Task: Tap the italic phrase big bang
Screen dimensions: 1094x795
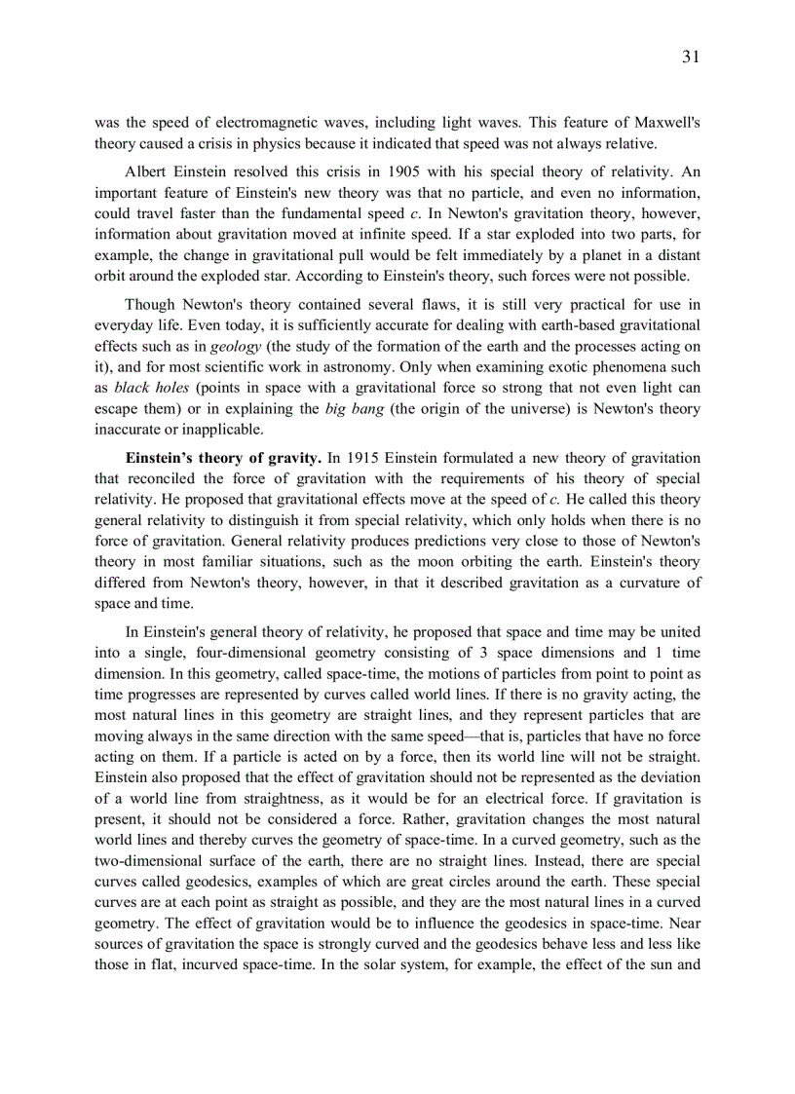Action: [x=356, y=408]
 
